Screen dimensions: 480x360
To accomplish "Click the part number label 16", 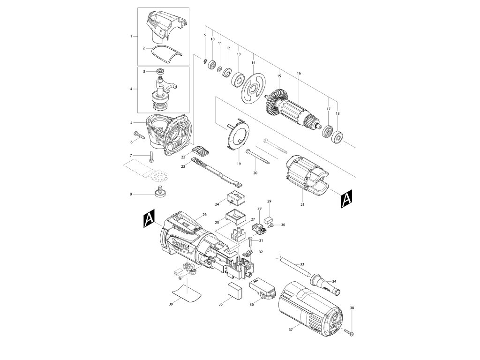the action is pos(299,73).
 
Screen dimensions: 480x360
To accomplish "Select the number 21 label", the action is pos(302,204).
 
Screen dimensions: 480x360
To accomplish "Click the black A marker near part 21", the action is pos(346,199).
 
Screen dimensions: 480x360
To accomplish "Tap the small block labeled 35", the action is pos(235,291).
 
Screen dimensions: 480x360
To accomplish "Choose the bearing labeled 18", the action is pos(337,137).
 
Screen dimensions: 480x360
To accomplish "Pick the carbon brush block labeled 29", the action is pos(269,219).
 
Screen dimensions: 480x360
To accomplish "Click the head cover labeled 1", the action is pos(164,26).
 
